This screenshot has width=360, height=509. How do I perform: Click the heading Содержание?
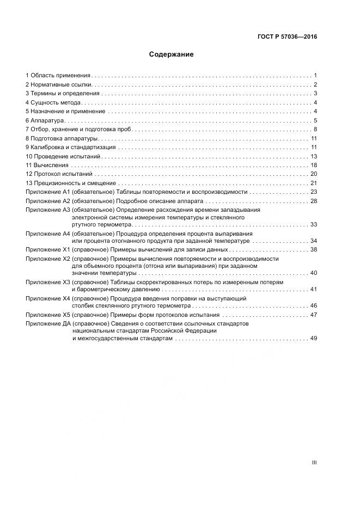point(172,54)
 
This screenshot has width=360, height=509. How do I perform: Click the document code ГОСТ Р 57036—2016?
point(287,37)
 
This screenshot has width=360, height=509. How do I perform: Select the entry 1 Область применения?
point(58,75)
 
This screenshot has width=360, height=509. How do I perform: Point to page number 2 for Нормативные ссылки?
point(315,84)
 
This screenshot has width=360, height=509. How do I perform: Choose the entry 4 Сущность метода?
point(54,102)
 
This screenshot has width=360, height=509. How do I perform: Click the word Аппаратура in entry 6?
point(48,120)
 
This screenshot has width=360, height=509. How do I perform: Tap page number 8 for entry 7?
point(315,129)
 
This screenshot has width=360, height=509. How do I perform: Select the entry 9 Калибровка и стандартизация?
point(70,147)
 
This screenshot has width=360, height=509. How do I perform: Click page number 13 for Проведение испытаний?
point(314,156)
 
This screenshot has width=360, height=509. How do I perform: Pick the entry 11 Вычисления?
point(47,165)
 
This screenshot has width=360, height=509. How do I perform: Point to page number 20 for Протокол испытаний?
point(314,174)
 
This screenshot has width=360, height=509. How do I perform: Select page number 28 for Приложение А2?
point(314,201)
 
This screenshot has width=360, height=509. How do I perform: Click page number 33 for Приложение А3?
point(314,224)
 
